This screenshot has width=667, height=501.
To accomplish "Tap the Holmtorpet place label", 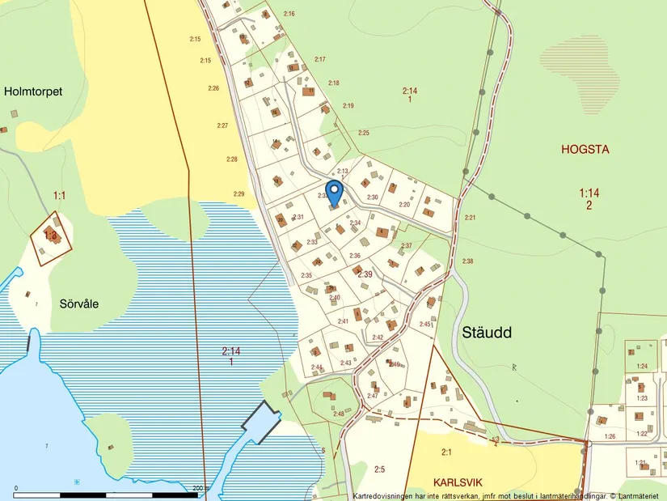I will coord(33,91).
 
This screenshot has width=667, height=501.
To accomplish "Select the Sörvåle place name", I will coord(79,304).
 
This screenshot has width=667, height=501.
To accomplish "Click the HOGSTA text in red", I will coord(585,149).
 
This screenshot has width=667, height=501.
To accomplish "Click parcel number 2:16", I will coord(289,14).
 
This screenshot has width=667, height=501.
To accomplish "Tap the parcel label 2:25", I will coord(364,132).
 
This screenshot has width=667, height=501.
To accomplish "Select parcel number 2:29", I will coord(239,193).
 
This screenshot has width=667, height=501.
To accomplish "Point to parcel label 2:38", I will coord(467,261).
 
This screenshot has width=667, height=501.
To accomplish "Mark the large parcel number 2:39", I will coord(365,275).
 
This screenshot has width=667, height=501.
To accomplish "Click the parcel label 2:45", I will coord(425,324).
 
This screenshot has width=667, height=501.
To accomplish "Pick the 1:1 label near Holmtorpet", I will coord(59,195).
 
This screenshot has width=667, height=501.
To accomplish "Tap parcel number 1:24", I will coord(642,366).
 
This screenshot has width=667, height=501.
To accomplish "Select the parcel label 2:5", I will coord(380,469).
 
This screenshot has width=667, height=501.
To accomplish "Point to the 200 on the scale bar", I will coord(200,488).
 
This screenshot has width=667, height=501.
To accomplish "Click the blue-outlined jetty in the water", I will coord(260,421).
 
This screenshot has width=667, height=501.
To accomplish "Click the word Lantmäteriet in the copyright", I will coord(640,495).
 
